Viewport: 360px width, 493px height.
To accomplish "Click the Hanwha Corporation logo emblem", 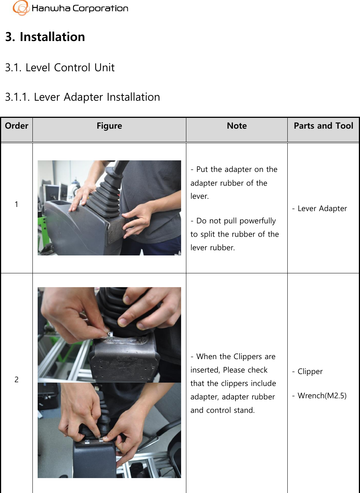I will pos(21,8).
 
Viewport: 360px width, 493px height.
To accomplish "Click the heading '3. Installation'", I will pos(45,37).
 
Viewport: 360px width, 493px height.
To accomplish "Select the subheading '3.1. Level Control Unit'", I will pos(60,67).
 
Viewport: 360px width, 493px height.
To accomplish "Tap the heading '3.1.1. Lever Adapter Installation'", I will pos(82,97).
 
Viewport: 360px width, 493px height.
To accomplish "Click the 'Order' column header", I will pos(16,126).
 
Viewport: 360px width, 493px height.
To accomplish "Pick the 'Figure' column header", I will pos(109,126).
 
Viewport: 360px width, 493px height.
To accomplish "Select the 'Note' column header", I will pos(237,126).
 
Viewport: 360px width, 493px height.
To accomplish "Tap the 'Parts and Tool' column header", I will pos(323,126).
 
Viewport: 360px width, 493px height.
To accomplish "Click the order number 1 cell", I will pos(16,204).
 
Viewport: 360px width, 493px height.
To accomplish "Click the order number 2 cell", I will pos(16,380).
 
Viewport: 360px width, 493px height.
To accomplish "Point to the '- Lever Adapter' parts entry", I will pos(319,208).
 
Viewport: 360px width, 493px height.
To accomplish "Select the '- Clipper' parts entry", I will pos(307,371).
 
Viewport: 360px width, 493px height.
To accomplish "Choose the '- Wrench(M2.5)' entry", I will pos(319,396).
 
